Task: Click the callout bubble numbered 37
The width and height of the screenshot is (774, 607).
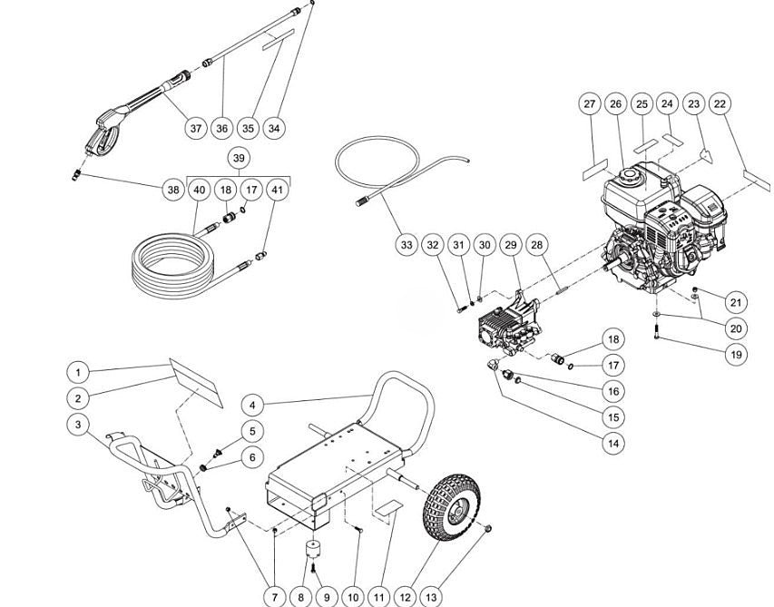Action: coord(196,129)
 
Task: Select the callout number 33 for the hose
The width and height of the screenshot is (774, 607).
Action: coord(407,245)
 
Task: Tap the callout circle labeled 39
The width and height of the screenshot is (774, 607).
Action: coord(239,158)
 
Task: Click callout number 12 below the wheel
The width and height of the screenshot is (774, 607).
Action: coord(406,597)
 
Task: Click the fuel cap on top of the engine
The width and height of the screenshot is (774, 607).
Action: coord(626,172)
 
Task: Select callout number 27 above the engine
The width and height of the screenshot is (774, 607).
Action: coord(590,104)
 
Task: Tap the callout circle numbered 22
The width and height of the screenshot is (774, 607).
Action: coord(720,104)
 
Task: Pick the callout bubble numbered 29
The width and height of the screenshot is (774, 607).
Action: coord(511,245)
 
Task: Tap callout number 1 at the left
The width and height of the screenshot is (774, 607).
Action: coord(79,372)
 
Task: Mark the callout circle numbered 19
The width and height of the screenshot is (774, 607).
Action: coord(736,354)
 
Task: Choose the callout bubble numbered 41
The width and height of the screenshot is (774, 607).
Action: coord(278,190)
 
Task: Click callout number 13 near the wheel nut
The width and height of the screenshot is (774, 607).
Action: coord(432,597)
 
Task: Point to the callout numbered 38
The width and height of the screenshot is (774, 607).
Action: coord(172,190)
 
